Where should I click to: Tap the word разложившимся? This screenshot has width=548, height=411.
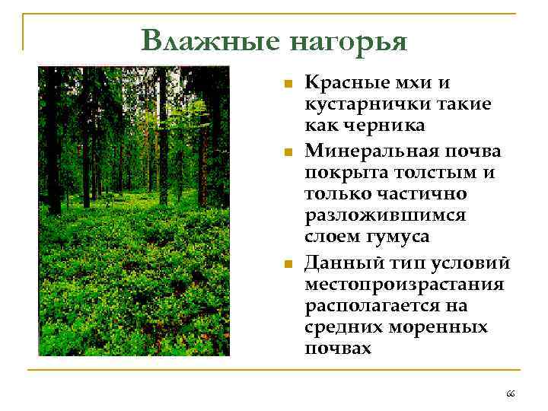click(x=385, y=215)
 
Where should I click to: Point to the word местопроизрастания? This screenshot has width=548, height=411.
click(x=404, y=285)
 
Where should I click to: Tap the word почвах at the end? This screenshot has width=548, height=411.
click(x=338, y=349)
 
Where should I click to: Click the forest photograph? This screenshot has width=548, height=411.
click(x=134, y=211)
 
